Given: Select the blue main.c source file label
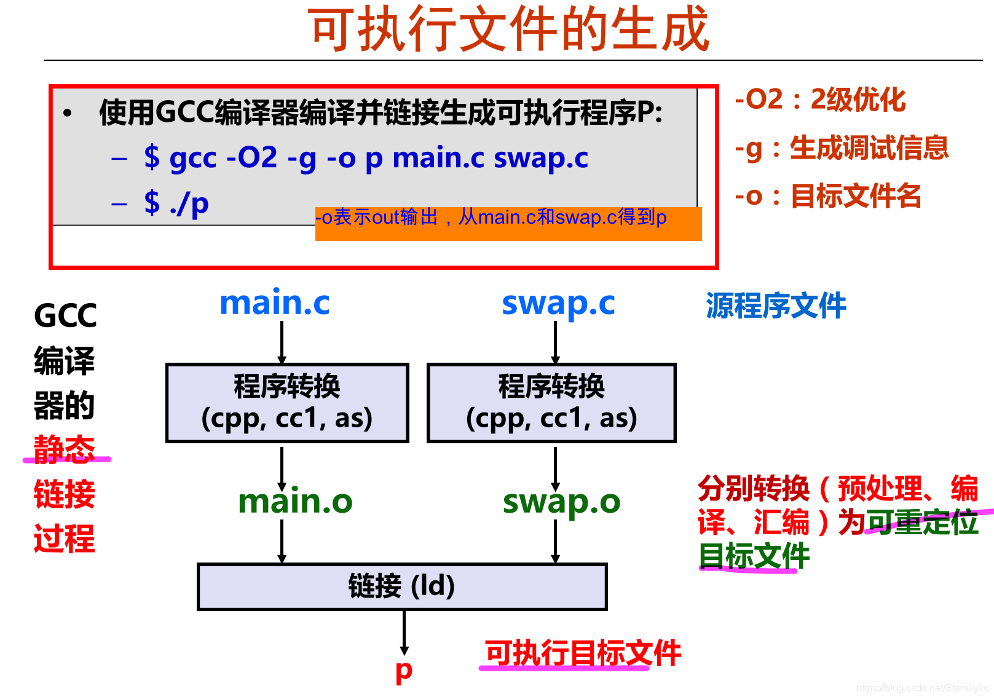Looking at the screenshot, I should point(275,303).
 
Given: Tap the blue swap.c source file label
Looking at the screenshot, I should point(558,303).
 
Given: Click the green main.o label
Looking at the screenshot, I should point(295,502).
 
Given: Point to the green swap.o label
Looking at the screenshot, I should point(561,502).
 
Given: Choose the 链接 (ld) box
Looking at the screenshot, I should point(402,586).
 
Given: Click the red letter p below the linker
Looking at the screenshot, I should point(404,671).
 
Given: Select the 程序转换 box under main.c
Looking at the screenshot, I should point(287,403).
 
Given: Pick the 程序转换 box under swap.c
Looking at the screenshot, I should point(551,403).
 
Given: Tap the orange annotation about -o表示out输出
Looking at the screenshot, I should point(508,224).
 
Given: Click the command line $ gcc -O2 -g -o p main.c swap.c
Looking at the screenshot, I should point(366,158).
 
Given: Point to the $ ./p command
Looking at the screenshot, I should point(176,203).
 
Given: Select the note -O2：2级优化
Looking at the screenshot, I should point(820,100).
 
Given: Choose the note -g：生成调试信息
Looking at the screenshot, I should point(842,148).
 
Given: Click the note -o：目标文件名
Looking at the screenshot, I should point(828,196).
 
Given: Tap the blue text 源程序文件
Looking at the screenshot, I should point(776,306).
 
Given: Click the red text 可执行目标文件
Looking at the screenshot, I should point(583,653).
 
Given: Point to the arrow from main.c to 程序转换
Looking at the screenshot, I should point(282,342).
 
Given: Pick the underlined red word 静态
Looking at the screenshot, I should point(65,449).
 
